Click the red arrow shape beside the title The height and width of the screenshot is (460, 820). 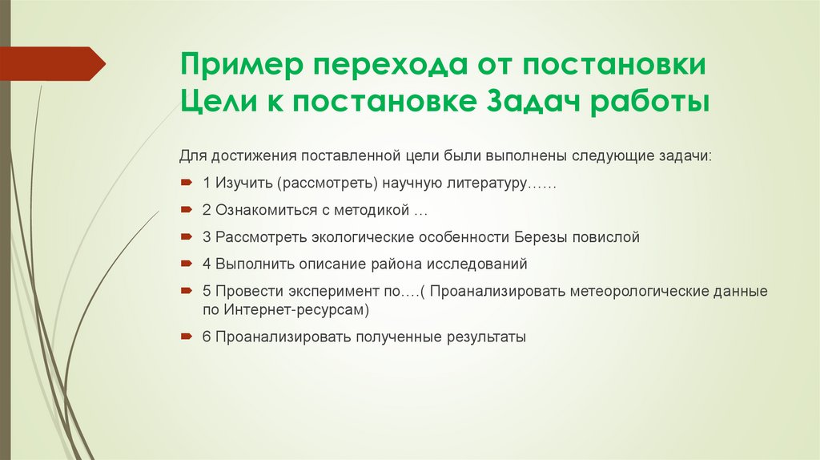coord(57,63)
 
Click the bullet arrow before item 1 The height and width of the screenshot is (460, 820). coord(186,184)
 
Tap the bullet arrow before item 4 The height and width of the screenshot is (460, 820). coord(186,263)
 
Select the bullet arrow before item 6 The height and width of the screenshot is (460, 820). coord(186,337)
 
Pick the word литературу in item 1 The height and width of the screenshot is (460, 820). coord(483,184)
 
